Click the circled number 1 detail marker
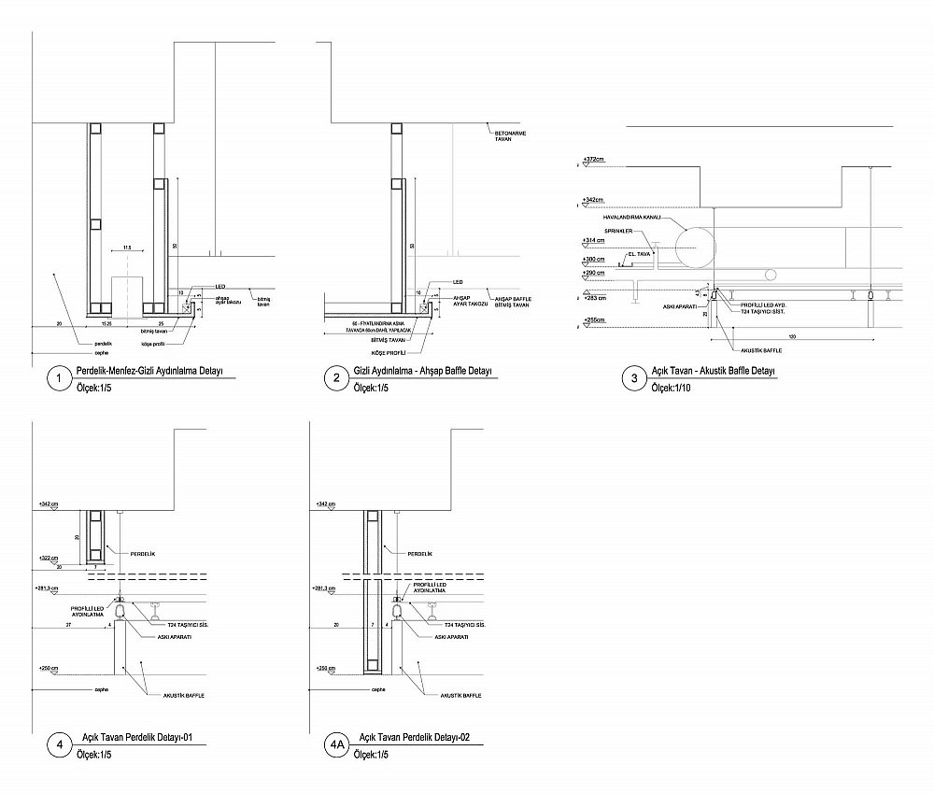(x=59, y=378)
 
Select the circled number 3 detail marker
(x=634, y=378)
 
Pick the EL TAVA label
(x=639, y=253)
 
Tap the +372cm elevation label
(x=592, y=160)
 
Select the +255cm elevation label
(x=592, y=321)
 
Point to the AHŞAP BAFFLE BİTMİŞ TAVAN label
(x=512, y=302)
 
